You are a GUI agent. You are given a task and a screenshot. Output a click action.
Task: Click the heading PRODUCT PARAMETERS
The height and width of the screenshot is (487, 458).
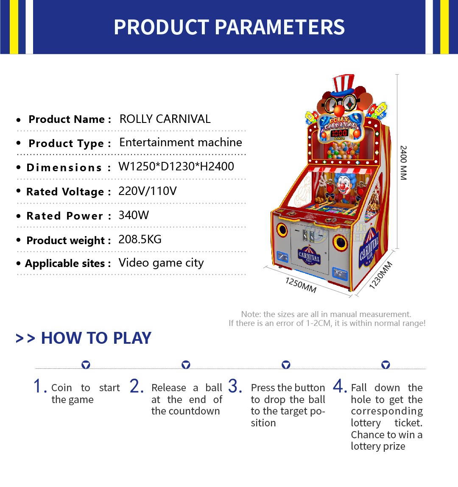(x=229, y=27)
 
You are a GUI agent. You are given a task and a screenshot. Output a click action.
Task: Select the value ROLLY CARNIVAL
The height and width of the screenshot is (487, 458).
(x=165, y=119)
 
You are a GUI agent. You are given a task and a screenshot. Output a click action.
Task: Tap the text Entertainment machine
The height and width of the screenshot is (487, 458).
(x=181, y=142)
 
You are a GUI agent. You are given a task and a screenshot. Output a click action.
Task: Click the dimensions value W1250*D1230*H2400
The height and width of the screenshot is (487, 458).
(x=176, y=167)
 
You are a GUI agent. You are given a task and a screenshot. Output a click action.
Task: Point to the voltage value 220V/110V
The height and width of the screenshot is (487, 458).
(x=148, y=191)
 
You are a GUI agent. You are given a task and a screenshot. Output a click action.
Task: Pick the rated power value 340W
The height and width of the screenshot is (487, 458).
(x=134, y=215)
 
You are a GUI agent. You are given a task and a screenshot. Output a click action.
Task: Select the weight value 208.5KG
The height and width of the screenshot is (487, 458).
(x=140, y=239)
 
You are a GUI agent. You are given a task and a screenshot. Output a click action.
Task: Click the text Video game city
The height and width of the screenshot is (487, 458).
(x=161, y=263)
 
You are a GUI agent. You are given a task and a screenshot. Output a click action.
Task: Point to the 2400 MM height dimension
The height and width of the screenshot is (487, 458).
(x=403, y=163)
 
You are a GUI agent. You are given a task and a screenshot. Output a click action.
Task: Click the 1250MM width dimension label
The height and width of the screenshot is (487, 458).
(x=301, y=285)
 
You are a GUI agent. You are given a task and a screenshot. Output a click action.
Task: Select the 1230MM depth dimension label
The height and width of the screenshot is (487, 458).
(x=381, y=275)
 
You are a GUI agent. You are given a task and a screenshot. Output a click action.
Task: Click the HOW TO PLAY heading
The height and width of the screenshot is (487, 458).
(x=96, y=338)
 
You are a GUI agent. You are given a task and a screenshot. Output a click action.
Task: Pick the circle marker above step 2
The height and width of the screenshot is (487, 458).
(x=186, y=365)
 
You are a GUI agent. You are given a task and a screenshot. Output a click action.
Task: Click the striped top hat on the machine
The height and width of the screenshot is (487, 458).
(x=343, y=84)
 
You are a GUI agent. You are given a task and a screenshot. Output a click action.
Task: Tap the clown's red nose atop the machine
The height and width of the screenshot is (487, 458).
(x=339, y=110)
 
